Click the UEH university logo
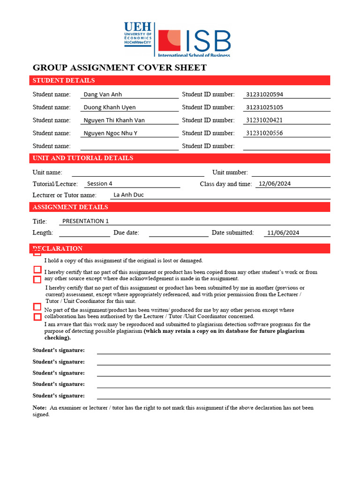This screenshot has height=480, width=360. pyautogui.click(x=138, y=33)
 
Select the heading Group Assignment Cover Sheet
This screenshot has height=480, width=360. pyautogui.click(x=120, y=67)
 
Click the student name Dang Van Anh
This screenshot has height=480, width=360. pyautogui.click(x=103, y=94)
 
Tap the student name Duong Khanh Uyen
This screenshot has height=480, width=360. pyautogui.click(x=110, y=107)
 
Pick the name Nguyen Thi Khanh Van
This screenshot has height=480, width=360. pyautogui.click(x=114, y=120)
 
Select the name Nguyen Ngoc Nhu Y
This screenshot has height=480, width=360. pyautogui.click(x=111, y=133)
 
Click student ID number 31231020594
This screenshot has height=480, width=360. pyautogui.click(x=264, y=94)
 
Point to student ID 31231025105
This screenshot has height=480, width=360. pyautogui.click(x=264, y=107)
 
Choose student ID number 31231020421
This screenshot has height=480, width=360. pyautogui.click(x=264, y=120)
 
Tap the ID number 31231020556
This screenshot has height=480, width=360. pyautogui.click(x=264, y=133)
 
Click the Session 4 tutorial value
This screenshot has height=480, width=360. pyautogui.click(x=100, y=184)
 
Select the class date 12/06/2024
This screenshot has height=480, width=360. pyautogui.click(x=275, y=184)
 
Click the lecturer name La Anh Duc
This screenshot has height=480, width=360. pyautogui.click(x=128, y=195)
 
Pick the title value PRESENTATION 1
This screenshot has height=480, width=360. pyautogui.click(x=85, y=221)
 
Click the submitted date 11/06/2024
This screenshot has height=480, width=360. pyautogui.click(x=283, y=232)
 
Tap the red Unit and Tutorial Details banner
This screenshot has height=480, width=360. pyautogui.click(x=180, y=158)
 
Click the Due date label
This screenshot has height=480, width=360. pyautogui.click(x=126, y=232)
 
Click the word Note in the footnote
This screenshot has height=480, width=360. pyautogui.click(x=39, y=408)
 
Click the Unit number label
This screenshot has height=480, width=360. pyautogui.click(x=230, y=172)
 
